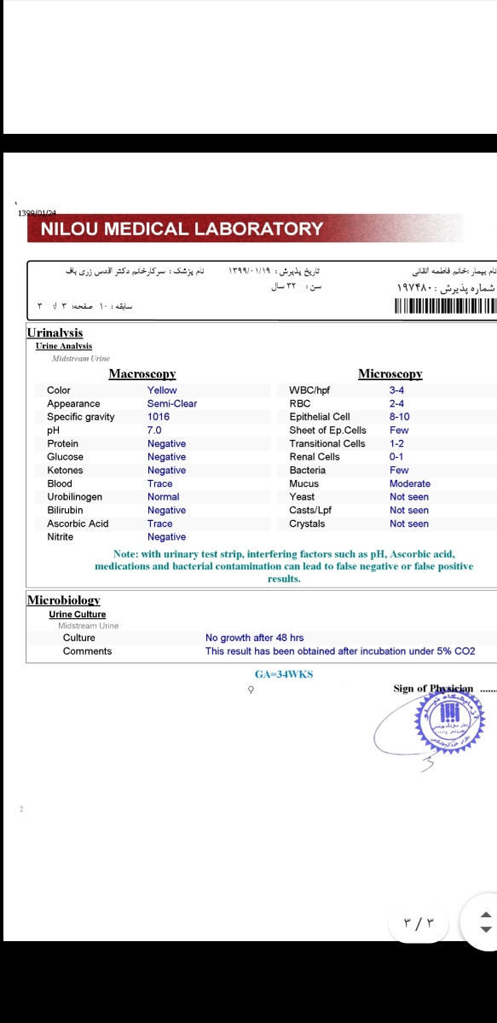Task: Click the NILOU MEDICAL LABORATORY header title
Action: pos(182,228)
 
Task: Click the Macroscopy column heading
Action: pos(142,374)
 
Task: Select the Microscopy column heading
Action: pos(390,374)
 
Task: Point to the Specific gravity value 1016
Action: pos(159,417)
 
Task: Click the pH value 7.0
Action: pos(154,431)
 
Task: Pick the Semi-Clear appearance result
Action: pos(171,404)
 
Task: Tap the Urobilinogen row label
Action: pos(74,497)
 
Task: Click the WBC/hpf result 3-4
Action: pos(396,390)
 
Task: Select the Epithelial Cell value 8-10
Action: pos(399,417)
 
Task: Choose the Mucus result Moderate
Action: pos(410,483)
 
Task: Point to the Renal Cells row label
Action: pos(315,457)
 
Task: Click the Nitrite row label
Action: pos(61,537)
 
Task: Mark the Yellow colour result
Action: pos(162,390)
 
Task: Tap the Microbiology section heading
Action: pos(64,600)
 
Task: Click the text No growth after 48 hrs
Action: pos(254,638)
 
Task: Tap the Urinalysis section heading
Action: pos(55,332)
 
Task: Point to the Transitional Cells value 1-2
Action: pos(396,443)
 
